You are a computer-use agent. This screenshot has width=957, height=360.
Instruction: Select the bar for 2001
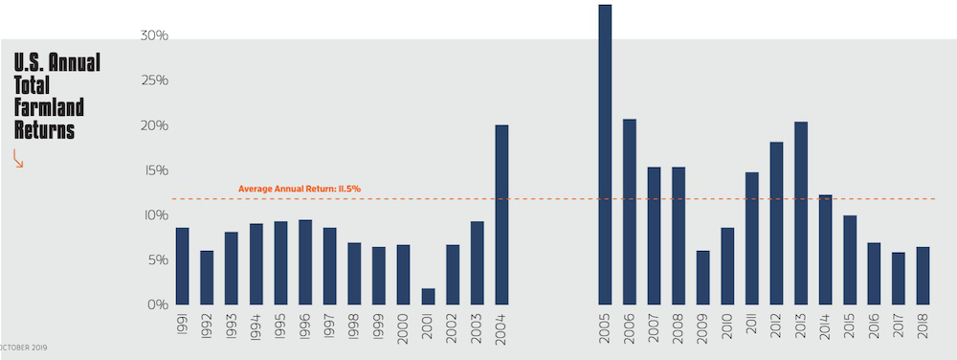(x=428, y=296)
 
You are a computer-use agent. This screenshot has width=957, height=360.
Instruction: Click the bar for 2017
(x=898, y=279)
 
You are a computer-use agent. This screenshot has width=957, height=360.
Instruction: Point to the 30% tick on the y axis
(x=155, y=36)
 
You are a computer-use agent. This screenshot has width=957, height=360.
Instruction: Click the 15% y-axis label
(x=155, y=170)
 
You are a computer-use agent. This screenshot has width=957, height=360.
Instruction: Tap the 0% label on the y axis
(x=158, y=305)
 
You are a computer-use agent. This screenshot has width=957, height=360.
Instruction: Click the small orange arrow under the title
(x=18, y=161)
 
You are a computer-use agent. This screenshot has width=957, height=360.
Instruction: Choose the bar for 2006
(x=629, y=212)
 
